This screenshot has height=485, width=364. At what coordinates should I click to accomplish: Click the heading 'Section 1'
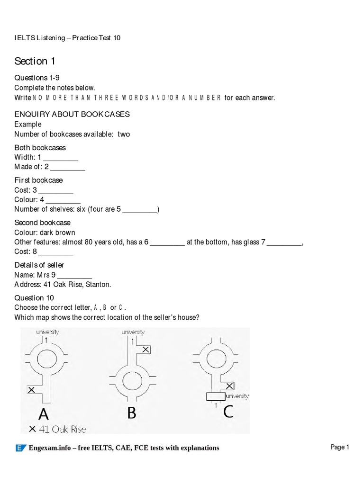pyautogui.click(x=31, y=61)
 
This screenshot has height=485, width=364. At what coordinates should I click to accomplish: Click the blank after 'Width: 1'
pyautogui.click(x=61, y=157)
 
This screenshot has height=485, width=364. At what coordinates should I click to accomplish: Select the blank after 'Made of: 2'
pyautogui.click(x=68, y=167)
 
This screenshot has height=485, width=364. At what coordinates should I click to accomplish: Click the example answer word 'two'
pyautogui.click(x=124, y=134)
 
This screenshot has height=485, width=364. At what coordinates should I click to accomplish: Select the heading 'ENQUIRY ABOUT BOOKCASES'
pyautogui.click(x=72, y=115)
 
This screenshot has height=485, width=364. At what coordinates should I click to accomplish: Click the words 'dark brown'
pyautogui.click(x=58, y=233)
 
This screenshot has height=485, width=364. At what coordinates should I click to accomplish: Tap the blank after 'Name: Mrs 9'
pyautogui.click(x=75, y=275)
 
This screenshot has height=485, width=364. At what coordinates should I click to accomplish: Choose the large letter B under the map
pyautogui.click(x=131, y=413)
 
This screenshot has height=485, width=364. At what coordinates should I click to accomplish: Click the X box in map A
pyautogui.click(x=32, y=390)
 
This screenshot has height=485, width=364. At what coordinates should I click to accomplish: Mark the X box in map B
pyautogui.click(x=146, y=350)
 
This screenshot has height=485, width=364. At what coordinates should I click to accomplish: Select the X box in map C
pyautogui.click(x=229, y=386)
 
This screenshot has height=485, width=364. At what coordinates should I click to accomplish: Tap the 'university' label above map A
pyautogui.click(x=47, y=332)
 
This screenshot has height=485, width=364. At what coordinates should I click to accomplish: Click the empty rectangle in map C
pyautogui.click(x=216, y=396)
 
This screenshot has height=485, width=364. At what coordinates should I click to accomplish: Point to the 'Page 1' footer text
pyautogui.click(x=339, y=447)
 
